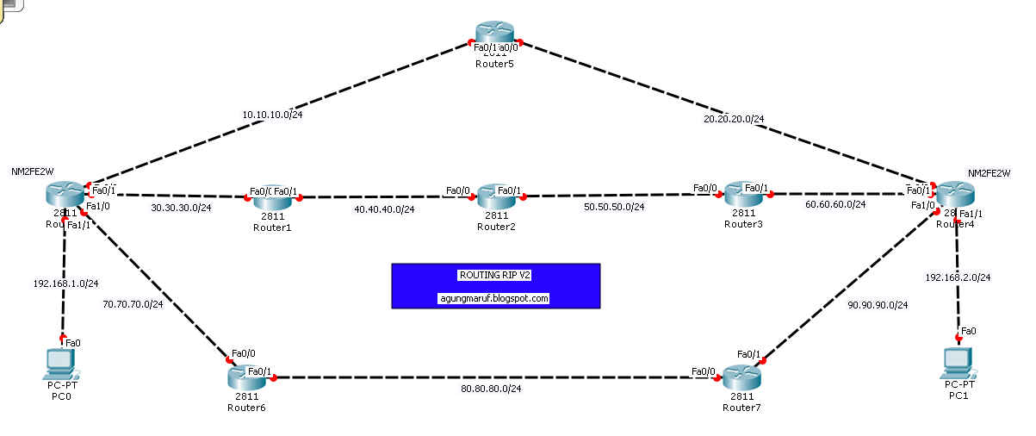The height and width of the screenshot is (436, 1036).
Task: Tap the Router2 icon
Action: [495, 196]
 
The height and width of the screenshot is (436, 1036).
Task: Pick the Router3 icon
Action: [741, 193]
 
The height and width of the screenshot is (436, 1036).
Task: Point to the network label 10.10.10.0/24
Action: [272, 114]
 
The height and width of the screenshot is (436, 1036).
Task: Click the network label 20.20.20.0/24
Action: [734, 119]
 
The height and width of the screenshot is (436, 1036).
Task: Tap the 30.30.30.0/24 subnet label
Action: [181, 208]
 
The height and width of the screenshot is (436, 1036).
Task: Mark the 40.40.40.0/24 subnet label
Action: [384, 209]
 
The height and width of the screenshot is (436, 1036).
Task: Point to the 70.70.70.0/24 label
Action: [133, 304]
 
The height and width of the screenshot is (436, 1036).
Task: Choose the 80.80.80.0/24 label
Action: [491, 389]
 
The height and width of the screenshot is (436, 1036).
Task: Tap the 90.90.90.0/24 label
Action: [878, 305]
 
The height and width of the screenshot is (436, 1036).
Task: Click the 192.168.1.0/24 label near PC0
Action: [66, 283]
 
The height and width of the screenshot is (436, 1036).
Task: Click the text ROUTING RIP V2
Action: [495, 275]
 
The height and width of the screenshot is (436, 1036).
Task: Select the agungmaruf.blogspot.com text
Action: [494, 298]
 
